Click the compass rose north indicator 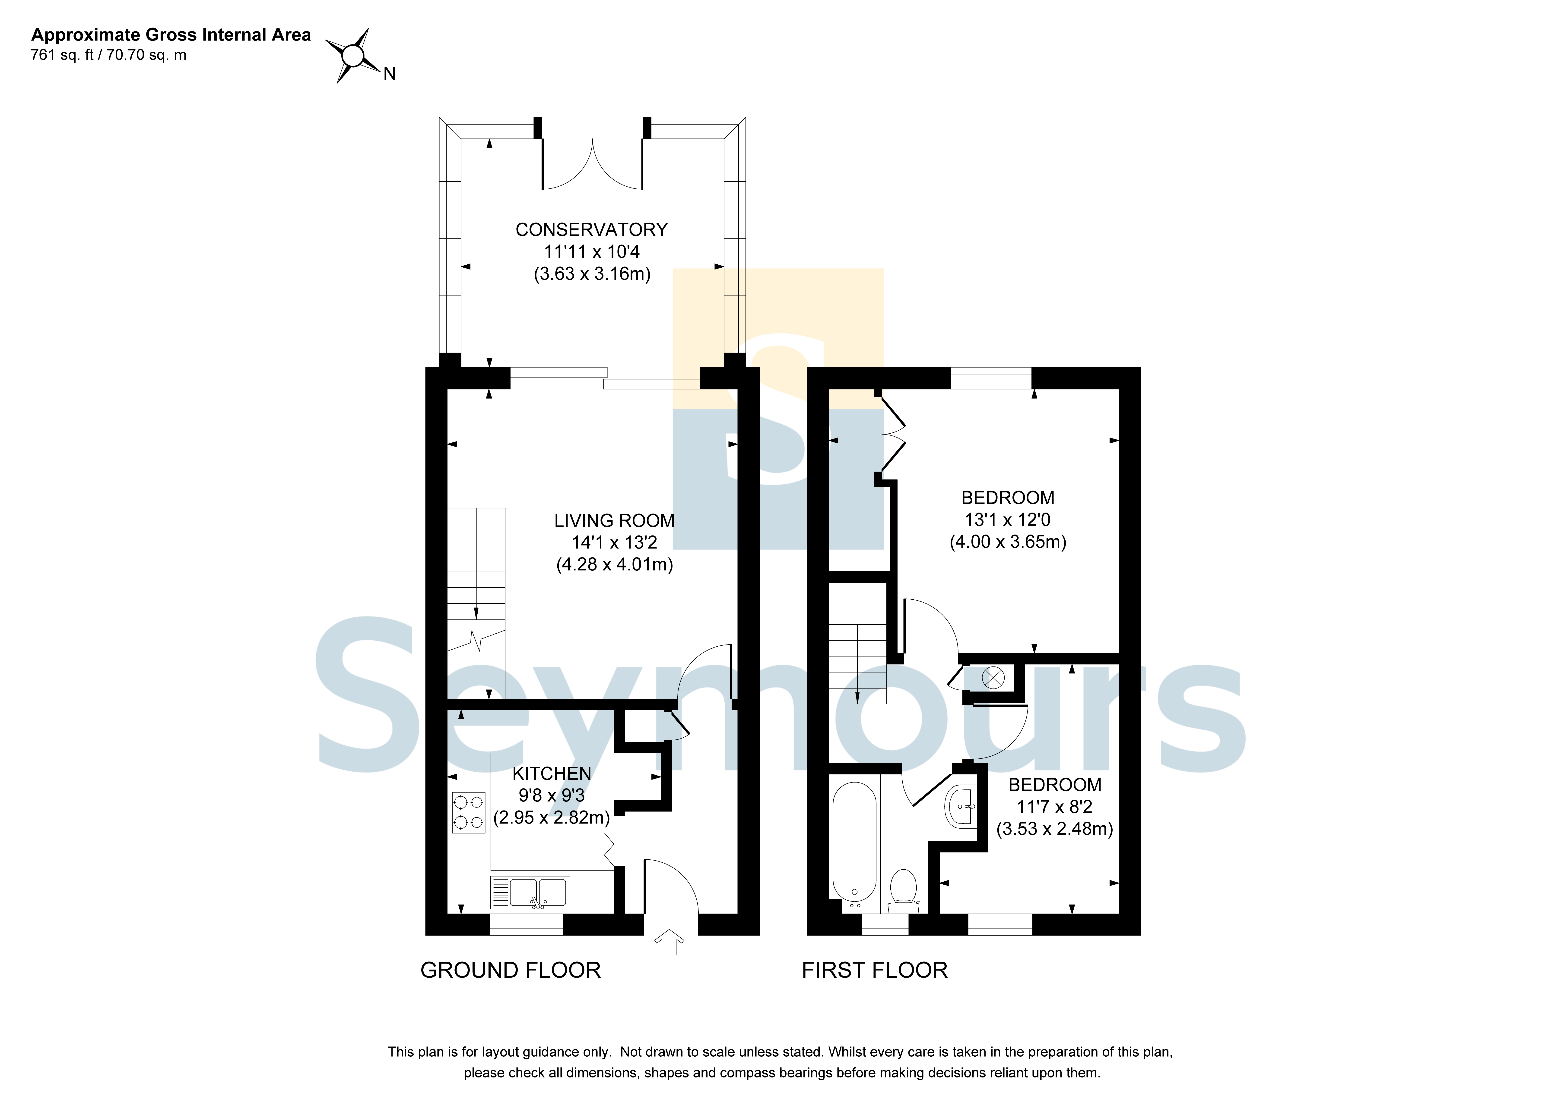click(353, 56)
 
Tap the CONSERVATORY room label click(591, 230)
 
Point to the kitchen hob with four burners click(468, 813)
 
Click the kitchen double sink click(530, 893)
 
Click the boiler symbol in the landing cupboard click(993, 677)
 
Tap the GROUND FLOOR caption click(511, 970)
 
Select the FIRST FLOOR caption click(874, 970)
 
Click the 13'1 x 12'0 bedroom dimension click(1008, 520)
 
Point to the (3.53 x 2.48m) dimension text click(1054, 829)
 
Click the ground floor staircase click(477, 603)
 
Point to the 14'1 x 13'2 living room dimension click(614, 542)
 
